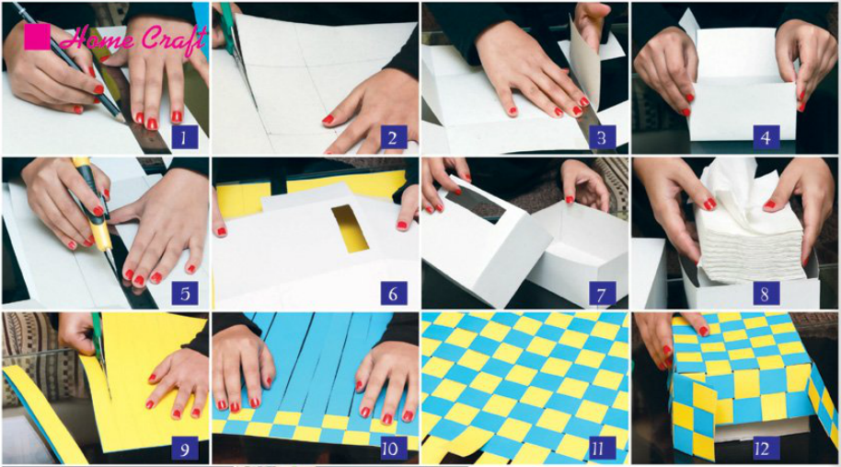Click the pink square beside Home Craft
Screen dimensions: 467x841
tap(37, 36)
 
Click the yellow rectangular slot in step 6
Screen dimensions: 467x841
tap(349, 228)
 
